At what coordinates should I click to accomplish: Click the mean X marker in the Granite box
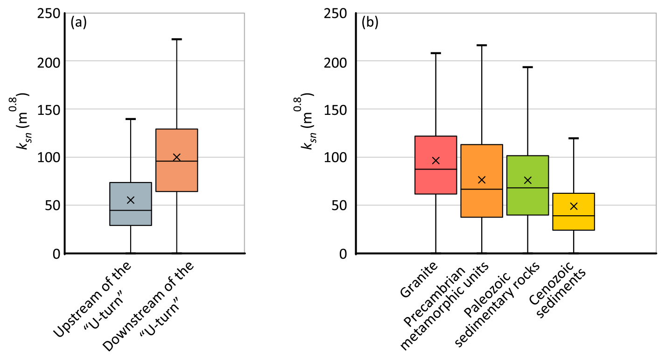click(x=435, y=161)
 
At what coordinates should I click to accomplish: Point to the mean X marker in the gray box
click(x=131, y=200)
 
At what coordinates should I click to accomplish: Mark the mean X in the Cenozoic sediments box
click(x=574, y=206)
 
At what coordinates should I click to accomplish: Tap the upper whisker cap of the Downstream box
click(x=176, y=39)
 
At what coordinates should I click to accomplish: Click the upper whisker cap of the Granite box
click(x=435, y=53)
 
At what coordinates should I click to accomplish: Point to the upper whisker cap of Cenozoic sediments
click(x=574, y=138)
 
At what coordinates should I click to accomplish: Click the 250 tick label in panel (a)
click(x=48, y=14)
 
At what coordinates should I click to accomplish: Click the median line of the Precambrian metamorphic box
click(x=482, y=189)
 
